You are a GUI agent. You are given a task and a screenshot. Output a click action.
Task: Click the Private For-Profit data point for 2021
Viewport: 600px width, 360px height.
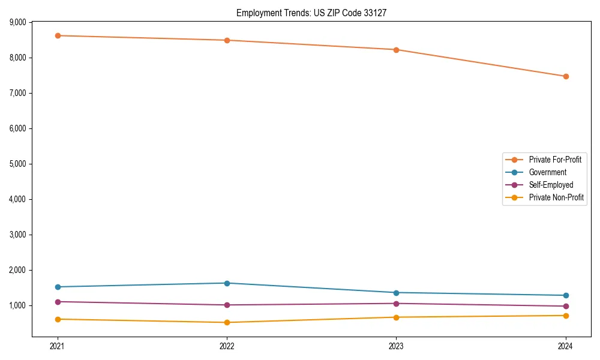(58, 35)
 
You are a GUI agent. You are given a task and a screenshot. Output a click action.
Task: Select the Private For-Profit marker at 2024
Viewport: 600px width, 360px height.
(566, 76)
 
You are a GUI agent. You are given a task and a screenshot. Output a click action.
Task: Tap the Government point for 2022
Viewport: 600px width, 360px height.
(227, 283)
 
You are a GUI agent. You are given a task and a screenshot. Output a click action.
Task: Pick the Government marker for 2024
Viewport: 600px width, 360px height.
(566, 295)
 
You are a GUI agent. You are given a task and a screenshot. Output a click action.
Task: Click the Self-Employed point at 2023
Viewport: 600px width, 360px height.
(396, 303)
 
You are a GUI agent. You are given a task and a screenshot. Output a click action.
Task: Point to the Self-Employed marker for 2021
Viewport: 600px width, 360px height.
(58, 302)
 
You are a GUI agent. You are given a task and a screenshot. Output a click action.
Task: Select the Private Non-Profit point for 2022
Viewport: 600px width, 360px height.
(227, 322)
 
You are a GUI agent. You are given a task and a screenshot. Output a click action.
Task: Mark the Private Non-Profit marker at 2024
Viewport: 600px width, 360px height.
(566, 316)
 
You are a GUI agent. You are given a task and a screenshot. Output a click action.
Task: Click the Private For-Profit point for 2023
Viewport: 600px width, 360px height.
(396, 50)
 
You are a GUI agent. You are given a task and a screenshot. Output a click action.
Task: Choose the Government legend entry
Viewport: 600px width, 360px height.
(547, 172)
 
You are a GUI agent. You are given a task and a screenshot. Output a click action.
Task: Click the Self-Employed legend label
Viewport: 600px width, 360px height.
(551, 185)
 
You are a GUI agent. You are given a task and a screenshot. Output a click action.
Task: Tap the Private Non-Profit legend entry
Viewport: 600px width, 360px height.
(556, 197)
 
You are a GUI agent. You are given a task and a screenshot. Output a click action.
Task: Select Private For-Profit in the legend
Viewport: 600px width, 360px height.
(554, 160)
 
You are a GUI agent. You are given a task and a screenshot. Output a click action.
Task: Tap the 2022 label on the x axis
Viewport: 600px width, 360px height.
(227, 346)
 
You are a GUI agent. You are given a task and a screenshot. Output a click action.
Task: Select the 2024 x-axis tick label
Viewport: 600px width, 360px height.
(566, 346)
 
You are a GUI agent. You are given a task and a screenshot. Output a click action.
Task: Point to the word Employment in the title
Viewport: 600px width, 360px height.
(257, 13)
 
